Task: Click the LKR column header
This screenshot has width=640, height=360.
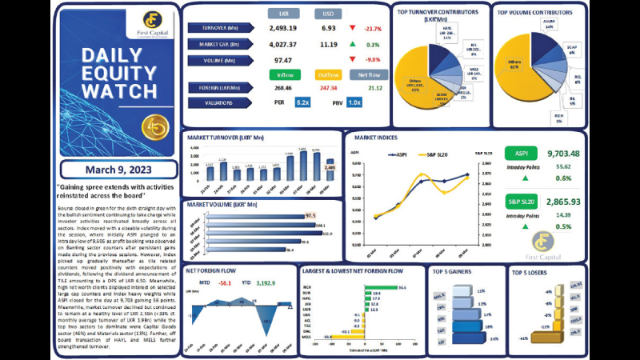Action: (283, 14)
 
